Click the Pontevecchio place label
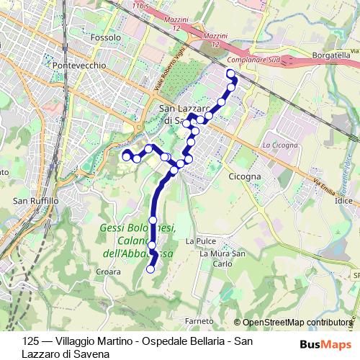click(x=80, y=65)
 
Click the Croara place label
click(x=108, y=272)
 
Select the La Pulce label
click(x=200, y=241)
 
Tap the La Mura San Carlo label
click(x=223, y=258)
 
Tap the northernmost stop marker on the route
click(x=230, y=74)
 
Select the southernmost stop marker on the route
click(x=150, y=269)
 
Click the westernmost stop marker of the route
click(x=126, y=155)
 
